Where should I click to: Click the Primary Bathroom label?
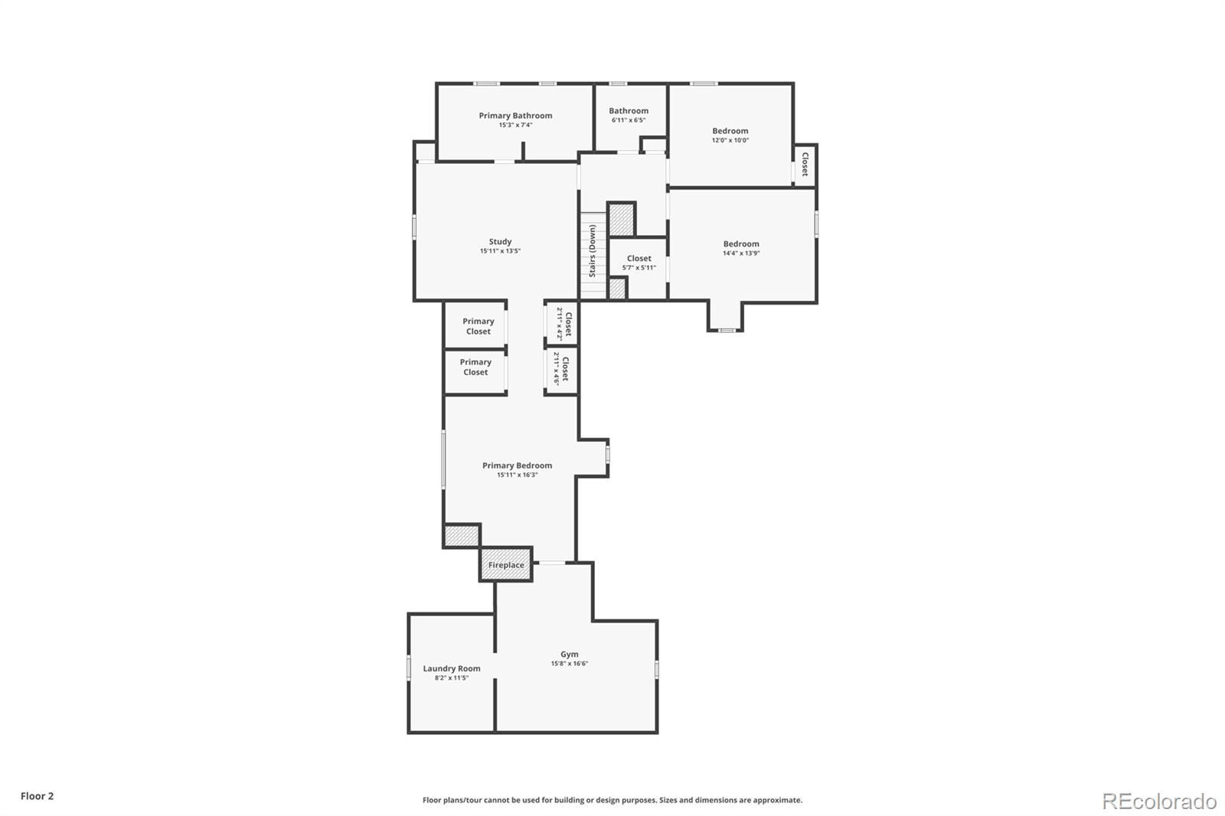pos(515,116)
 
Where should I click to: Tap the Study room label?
pos(501,241)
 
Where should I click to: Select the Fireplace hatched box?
pos(506,564)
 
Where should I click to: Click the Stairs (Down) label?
pos(593,250)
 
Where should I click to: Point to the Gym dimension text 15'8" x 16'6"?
pos(570,664)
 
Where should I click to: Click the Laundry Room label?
pos(452,668)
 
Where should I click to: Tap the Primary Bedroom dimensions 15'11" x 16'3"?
pos(518,475)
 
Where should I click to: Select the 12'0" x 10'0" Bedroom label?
pos(730,131)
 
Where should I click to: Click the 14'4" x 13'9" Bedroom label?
pos(741,244)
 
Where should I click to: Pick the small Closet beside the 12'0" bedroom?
pos(805,164)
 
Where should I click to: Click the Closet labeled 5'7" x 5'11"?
pos(639,258)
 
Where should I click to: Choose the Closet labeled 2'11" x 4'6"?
pos(566,369)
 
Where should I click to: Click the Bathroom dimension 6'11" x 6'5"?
pos(629,119)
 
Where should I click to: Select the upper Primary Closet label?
pos(479,326)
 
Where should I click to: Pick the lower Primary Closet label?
pos(475,367)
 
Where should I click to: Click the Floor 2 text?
pos(38,796)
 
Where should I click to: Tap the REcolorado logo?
pos(1159,801)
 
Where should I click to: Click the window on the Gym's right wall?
pos(657,670)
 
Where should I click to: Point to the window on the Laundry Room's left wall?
pos(409,667)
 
